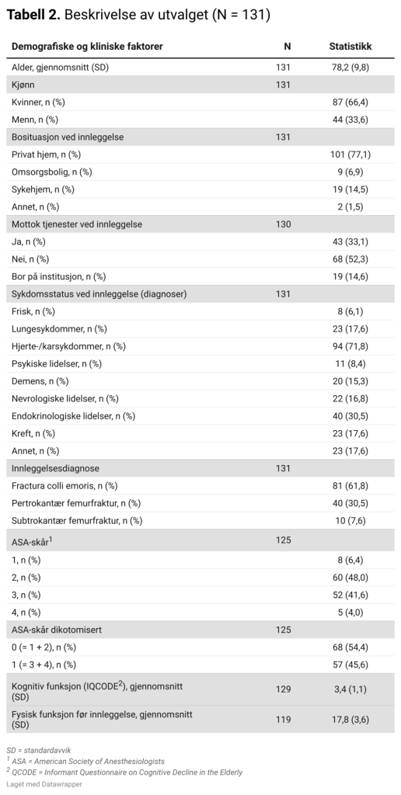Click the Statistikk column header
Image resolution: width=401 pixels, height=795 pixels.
(350, 47)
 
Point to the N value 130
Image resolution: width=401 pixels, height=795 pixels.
(283, 224)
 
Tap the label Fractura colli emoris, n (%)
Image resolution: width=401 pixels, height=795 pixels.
(65, 486)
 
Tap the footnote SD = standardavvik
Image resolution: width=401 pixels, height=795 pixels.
(39, 751)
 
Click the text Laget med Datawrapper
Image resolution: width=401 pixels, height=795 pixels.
(44, 784)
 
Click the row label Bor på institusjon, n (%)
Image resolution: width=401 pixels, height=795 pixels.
(58, 276)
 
